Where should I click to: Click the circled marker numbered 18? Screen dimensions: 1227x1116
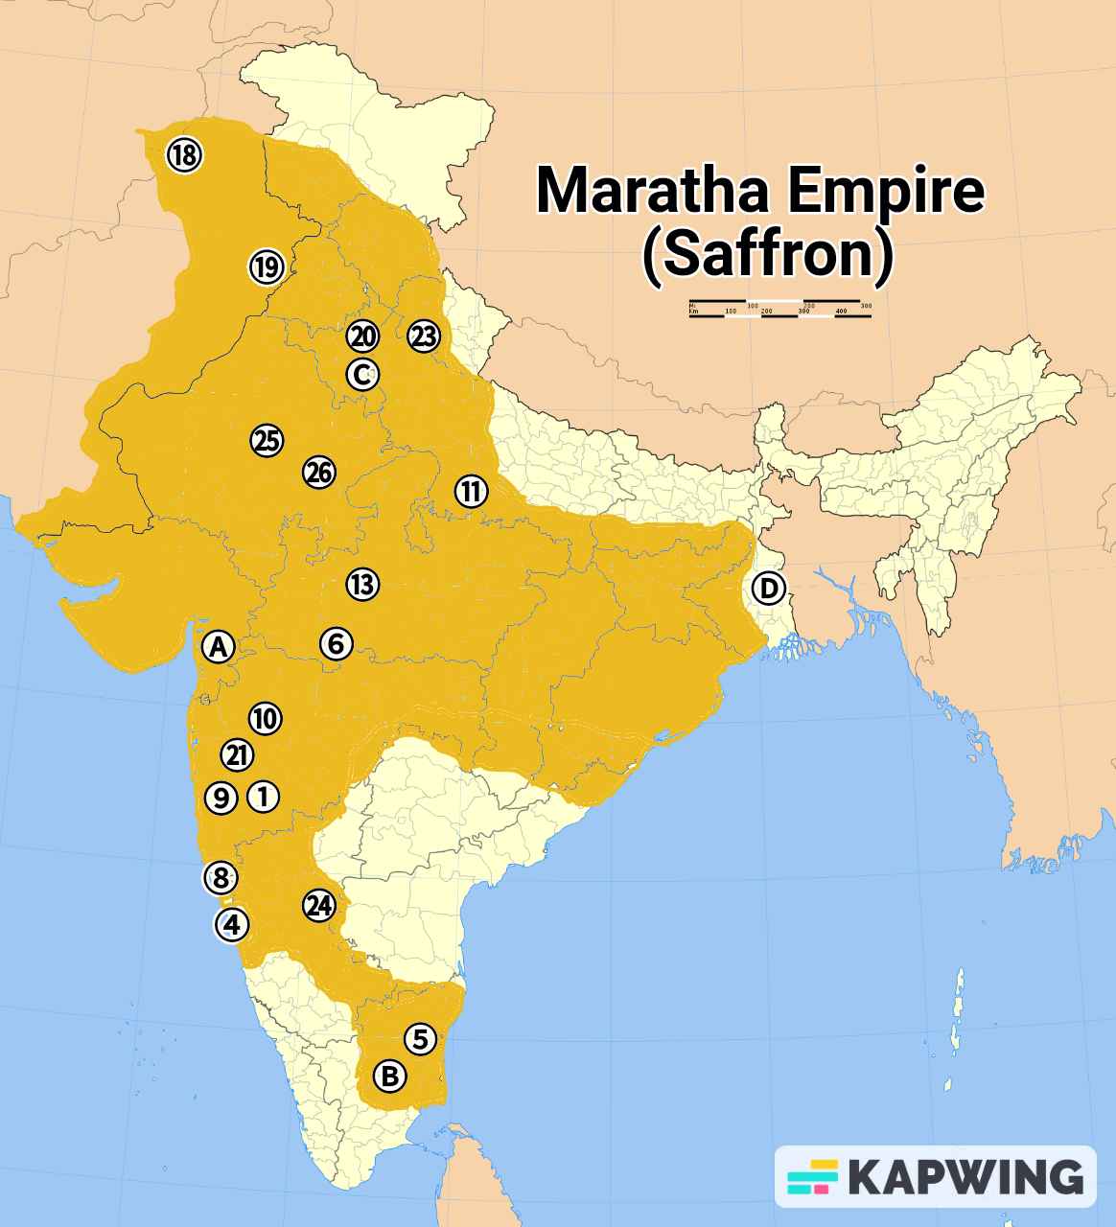[x=184, y=153]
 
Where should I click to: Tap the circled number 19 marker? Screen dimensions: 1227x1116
[x=267, y=266]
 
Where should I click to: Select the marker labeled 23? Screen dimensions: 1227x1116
[x=423, y=336]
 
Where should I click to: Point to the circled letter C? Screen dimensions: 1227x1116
[x=362, y=374]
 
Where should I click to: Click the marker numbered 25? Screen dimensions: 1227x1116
[x=267, y=440]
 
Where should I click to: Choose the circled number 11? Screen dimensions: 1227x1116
[x=471, y=491]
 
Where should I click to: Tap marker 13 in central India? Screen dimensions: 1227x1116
[x=362, y=584]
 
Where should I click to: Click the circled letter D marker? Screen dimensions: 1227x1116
[x=768, y=588]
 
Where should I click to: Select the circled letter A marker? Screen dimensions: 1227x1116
[x=219, y=647]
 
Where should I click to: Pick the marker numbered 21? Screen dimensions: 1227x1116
[x=237, y=755]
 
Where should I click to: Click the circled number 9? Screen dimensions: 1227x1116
[x=221, y=797]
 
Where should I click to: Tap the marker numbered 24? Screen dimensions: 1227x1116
[x=318, y=906]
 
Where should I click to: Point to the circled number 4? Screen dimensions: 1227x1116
[x=231, y=925]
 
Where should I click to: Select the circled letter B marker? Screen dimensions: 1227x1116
[x=389, y=1076]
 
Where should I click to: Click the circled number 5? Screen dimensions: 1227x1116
[x=419, y=1038]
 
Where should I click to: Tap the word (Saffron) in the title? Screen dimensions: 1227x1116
[x=767, y=253]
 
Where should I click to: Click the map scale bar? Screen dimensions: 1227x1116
[x=779, y=309]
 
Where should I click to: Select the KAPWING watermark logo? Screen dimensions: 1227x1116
[x=935, y=1176]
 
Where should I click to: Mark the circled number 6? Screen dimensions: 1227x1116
[x=336, y=643]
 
